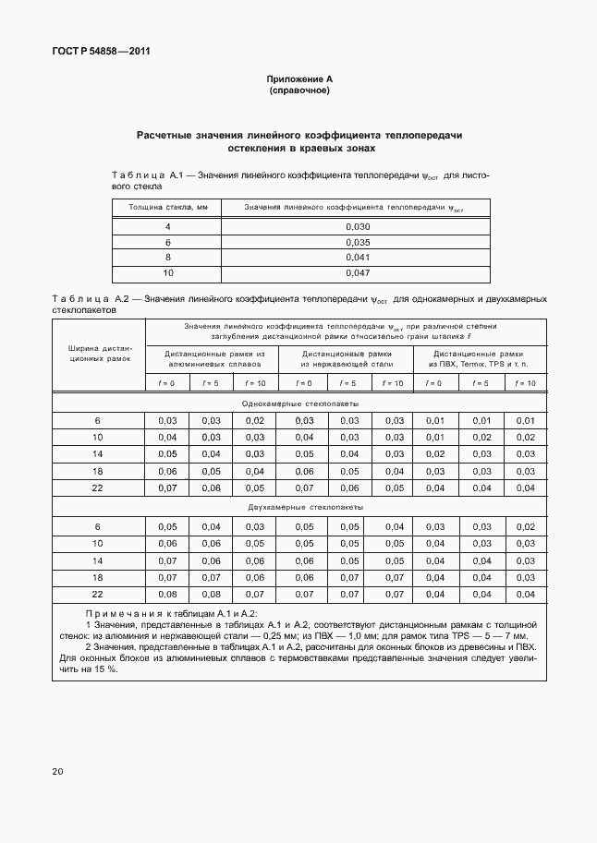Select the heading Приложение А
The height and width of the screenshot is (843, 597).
click(298, 80)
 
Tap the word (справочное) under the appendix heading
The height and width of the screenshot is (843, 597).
click(298, 91)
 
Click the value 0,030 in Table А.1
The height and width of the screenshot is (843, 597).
click(357, 226)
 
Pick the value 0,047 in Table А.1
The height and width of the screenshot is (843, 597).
click(357, 273)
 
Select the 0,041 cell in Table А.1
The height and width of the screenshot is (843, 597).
click(357, 258)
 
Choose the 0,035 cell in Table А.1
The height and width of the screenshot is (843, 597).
click(357, 242)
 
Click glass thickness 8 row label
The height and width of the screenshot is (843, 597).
click(167, 258)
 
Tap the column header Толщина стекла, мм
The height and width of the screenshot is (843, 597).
click(167, 208)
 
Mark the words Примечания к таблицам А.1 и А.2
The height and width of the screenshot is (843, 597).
click(171, 614)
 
